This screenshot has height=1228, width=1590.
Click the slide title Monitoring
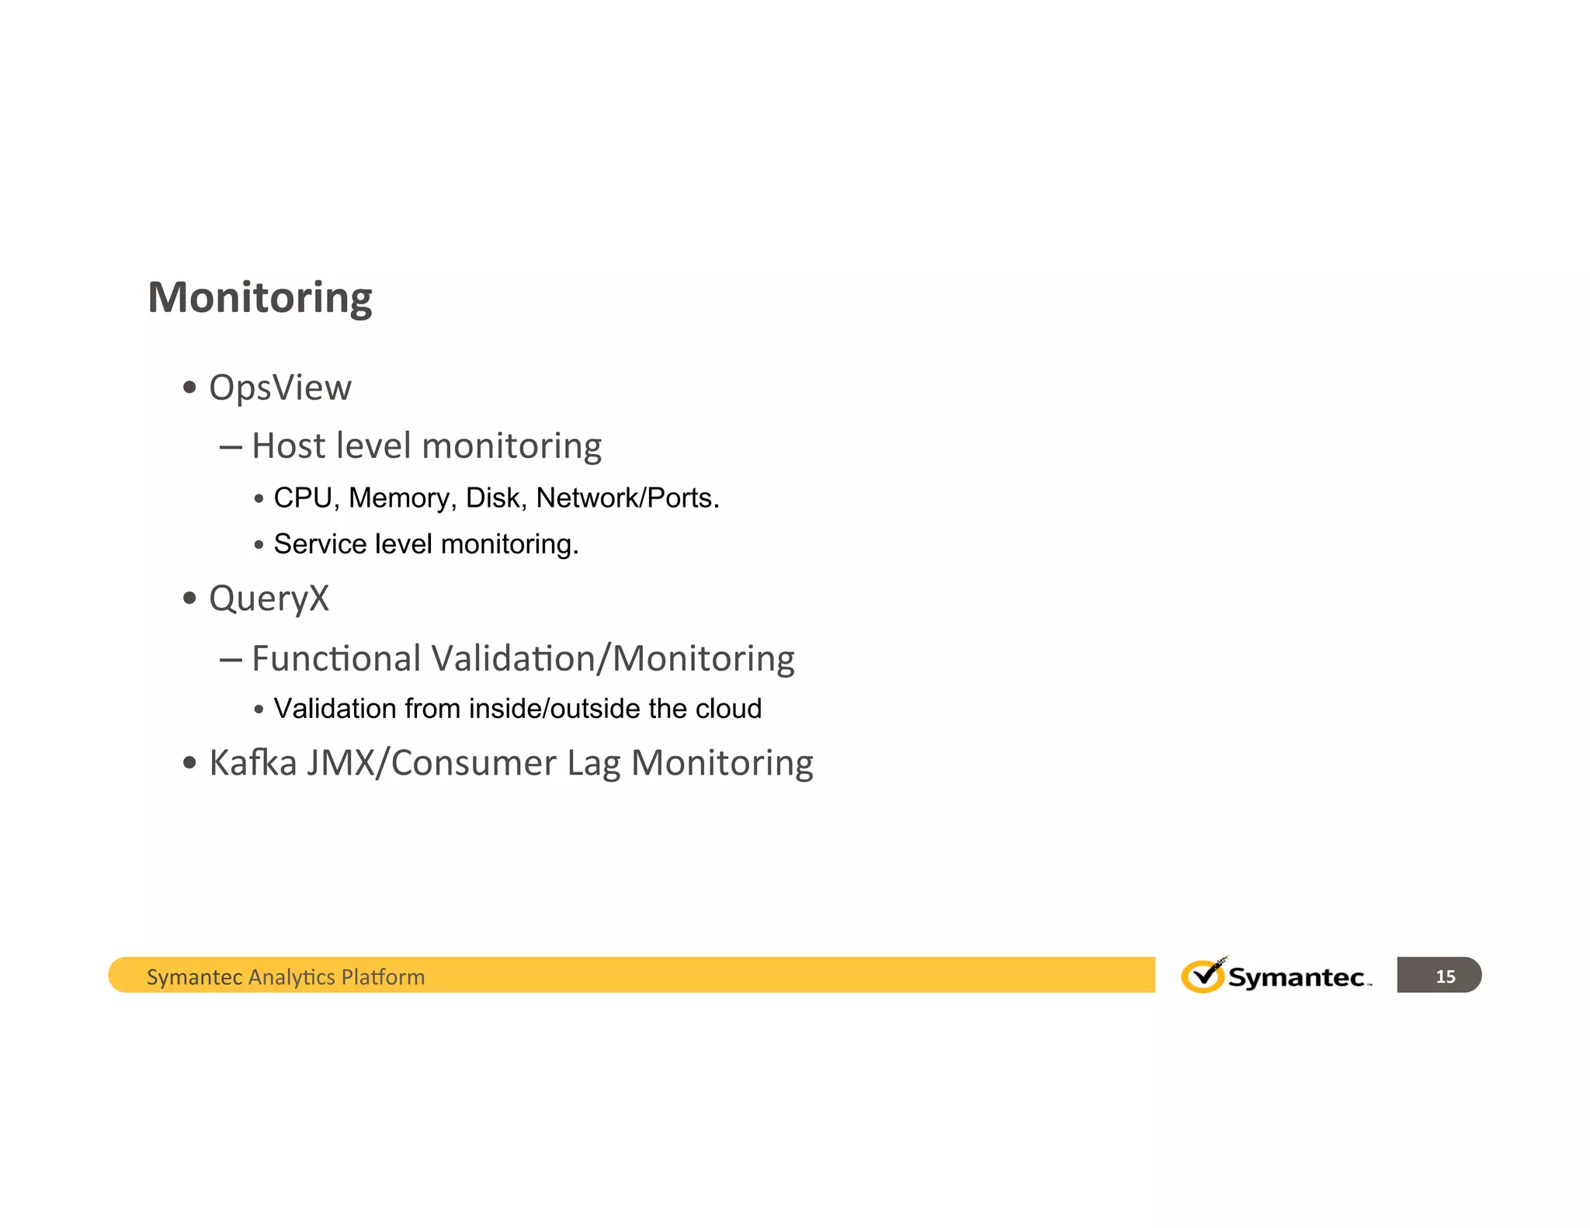pos(260,297)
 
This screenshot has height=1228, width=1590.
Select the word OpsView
pos(280,387)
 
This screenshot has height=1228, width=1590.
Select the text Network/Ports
pos(627,498)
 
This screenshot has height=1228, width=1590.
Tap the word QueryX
pos(269,598)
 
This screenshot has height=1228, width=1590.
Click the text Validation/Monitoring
pos(613,658)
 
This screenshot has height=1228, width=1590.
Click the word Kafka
pos(253,762)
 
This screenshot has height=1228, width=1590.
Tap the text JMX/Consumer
pos(431,762)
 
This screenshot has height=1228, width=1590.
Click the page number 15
pos(1445,977)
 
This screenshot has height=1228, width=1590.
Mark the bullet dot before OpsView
pos(189,387)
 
